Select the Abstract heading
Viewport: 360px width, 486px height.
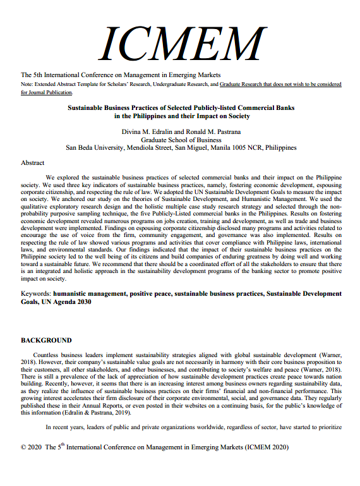point(32,162)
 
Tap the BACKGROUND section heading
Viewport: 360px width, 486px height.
point(46,340)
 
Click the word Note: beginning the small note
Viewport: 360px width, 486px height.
point(27,84)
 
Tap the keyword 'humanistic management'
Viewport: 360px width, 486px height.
point(89,294)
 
